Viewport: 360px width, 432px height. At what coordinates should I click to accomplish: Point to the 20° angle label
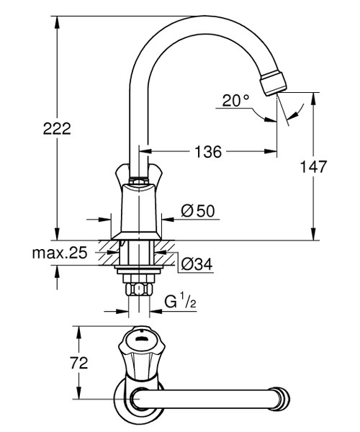(x=235, y=101)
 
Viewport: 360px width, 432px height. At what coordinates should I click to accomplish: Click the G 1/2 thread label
(x=179, y=301)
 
